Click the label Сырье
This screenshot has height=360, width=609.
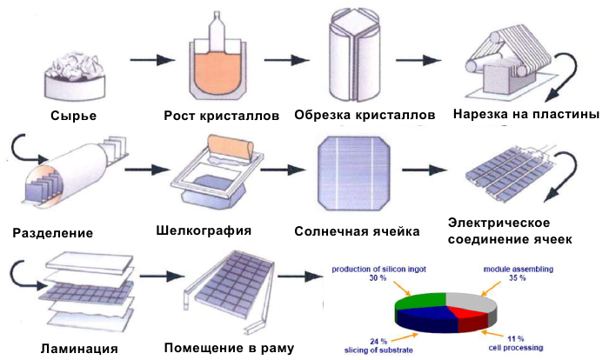click(x=73, y=116)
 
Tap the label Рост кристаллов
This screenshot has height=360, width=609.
click(x=222, y=116)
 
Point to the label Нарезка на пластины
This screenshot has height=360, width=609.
click(x=526, y=115)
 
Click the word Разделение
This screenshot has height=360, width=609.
click(x=54, y=233)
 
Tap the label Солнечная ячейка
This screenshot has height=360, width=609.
click(x=358, y=232)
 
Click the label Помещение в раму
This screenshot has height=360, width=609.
click(x=229, y=349)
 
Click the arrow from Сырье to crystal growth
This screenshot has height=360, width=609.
click(x=151, y=61)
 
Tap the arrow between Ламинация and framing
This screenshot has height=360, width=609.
click(x=158, y=278)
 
